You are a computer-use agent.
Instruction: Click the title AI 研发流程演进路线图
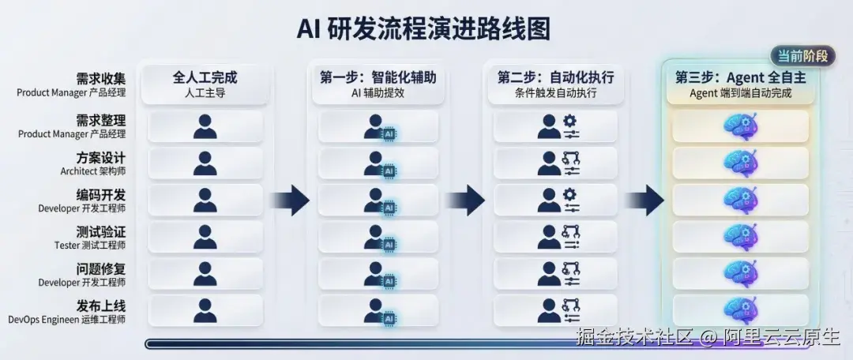tap(424, 28)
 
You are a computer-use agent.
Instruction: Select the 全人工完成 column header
tap(205, 77)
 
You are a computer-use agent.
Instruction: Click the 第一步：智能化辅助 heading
tap(378, 77)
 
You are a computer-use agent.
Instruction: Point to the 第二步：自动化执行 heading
tap(555, 77)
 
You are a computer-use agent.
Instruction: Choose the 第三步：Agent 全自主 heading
tap(740, 77)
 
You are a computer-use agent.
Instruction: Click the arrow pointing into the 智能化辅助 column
tap(291, 200)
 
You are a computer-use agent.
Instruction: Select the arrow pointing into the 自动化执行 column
tap(465, 200)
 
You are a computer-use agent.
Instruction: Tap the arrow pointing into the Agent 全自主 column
tap(644, 200)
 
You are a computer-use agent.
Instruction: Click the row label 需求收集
tap(100, 78)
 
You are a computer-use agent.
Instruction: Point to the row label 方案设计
tap(100, 158)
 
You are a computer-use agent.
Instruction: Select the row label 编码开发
tap(100, 195)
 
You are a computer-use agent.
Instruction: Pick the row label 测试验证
tap(100, 231)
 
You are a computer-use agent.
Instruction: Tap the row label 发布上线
tap(100, 306)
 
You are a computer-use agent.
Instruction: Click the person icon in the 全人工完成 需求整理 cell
tap(205, 126)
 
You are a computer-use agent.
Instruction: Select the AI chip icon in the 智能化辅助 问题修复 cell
tap(389, 281)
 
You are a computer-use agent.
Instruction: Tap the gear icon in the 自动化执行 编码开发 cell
tap(569, 194)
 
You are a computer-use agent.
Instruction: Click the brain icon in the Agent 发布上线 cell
tap(740, 310)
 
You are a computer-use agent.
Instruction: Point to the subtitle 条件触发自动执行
tap(555, 93)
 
